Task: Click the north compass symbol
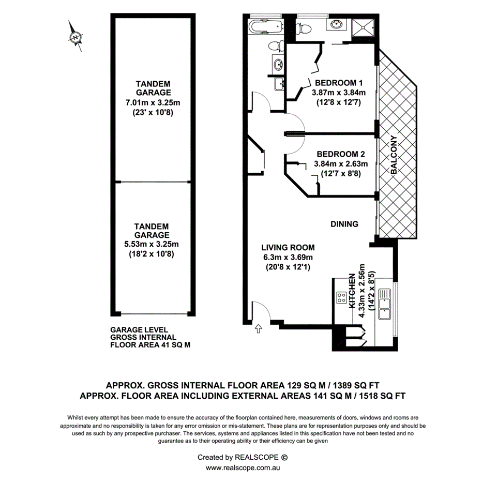[76, 37]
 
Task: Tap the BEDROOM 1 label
[339, 83]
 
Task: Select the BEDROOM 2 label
[341, 154]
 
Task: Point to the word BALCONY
[395, 155]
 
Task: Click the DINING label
[344, 224]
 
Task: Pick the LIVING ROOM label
[288, 248]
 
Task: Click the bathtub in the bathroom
[265, 26]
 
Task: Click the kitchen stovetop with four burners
[342, 297]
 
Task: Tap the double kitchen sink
[385, 305]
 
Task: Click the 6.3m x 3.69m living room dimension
[288, 257]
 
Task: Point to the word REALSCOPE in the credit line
[257, 457]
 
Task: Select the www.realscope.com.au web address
[243, 468]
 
